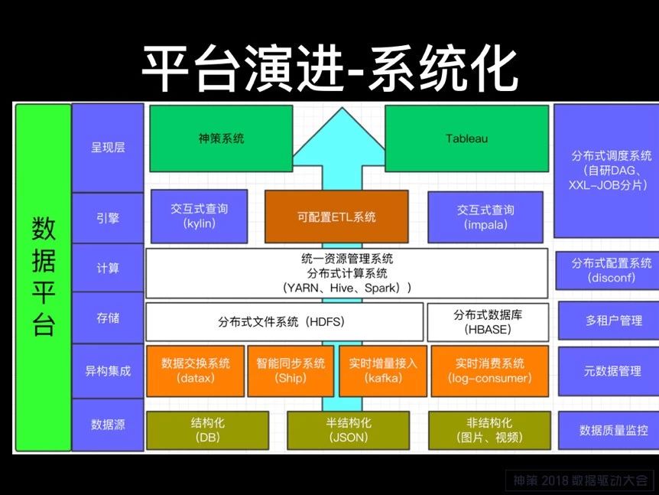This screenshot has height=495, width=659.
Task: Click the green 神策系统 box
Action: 221,138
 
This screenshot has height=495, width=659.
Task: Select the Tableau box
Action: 467,138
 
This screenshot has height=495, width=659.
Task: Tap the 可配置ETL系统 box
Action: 336,217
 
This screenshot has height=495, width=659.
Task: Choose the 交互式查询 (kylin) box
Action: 200,217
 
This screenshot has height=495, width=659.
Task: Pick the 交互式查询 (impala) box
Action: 485,217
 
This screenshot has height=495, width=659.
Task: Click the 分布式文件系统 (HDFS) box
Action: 284,322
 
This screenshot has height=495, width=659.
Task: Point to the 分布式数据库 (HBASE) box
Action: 488,322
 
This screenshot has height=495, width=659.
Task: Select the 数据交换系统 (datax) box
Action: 196,371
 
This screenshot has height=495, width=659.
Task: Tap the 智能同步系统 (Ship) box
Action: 291,371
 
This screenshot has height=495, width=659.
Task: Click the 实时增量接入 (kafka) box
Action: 383,371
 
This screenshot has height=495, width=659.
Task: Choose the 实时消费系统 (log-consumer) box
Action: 490,371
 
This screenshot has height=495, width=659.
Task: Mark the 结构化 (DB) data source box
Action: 208,430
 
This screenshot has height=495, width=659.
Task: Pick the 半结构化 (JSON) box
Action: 349,430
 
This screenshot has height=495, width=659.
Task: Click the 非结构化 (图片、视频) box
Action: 489,430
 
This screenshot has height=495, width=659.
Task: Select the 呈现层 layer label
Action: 108,148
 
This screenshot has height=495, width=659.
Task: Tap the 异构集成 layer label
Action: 108,371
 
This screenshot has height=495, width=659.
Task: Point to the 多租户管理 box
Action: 614,321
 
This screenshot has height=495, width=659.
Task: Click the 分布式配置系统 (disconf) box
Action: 612,270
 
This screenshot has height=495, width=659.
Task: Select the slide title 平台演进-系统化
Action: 329,70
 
